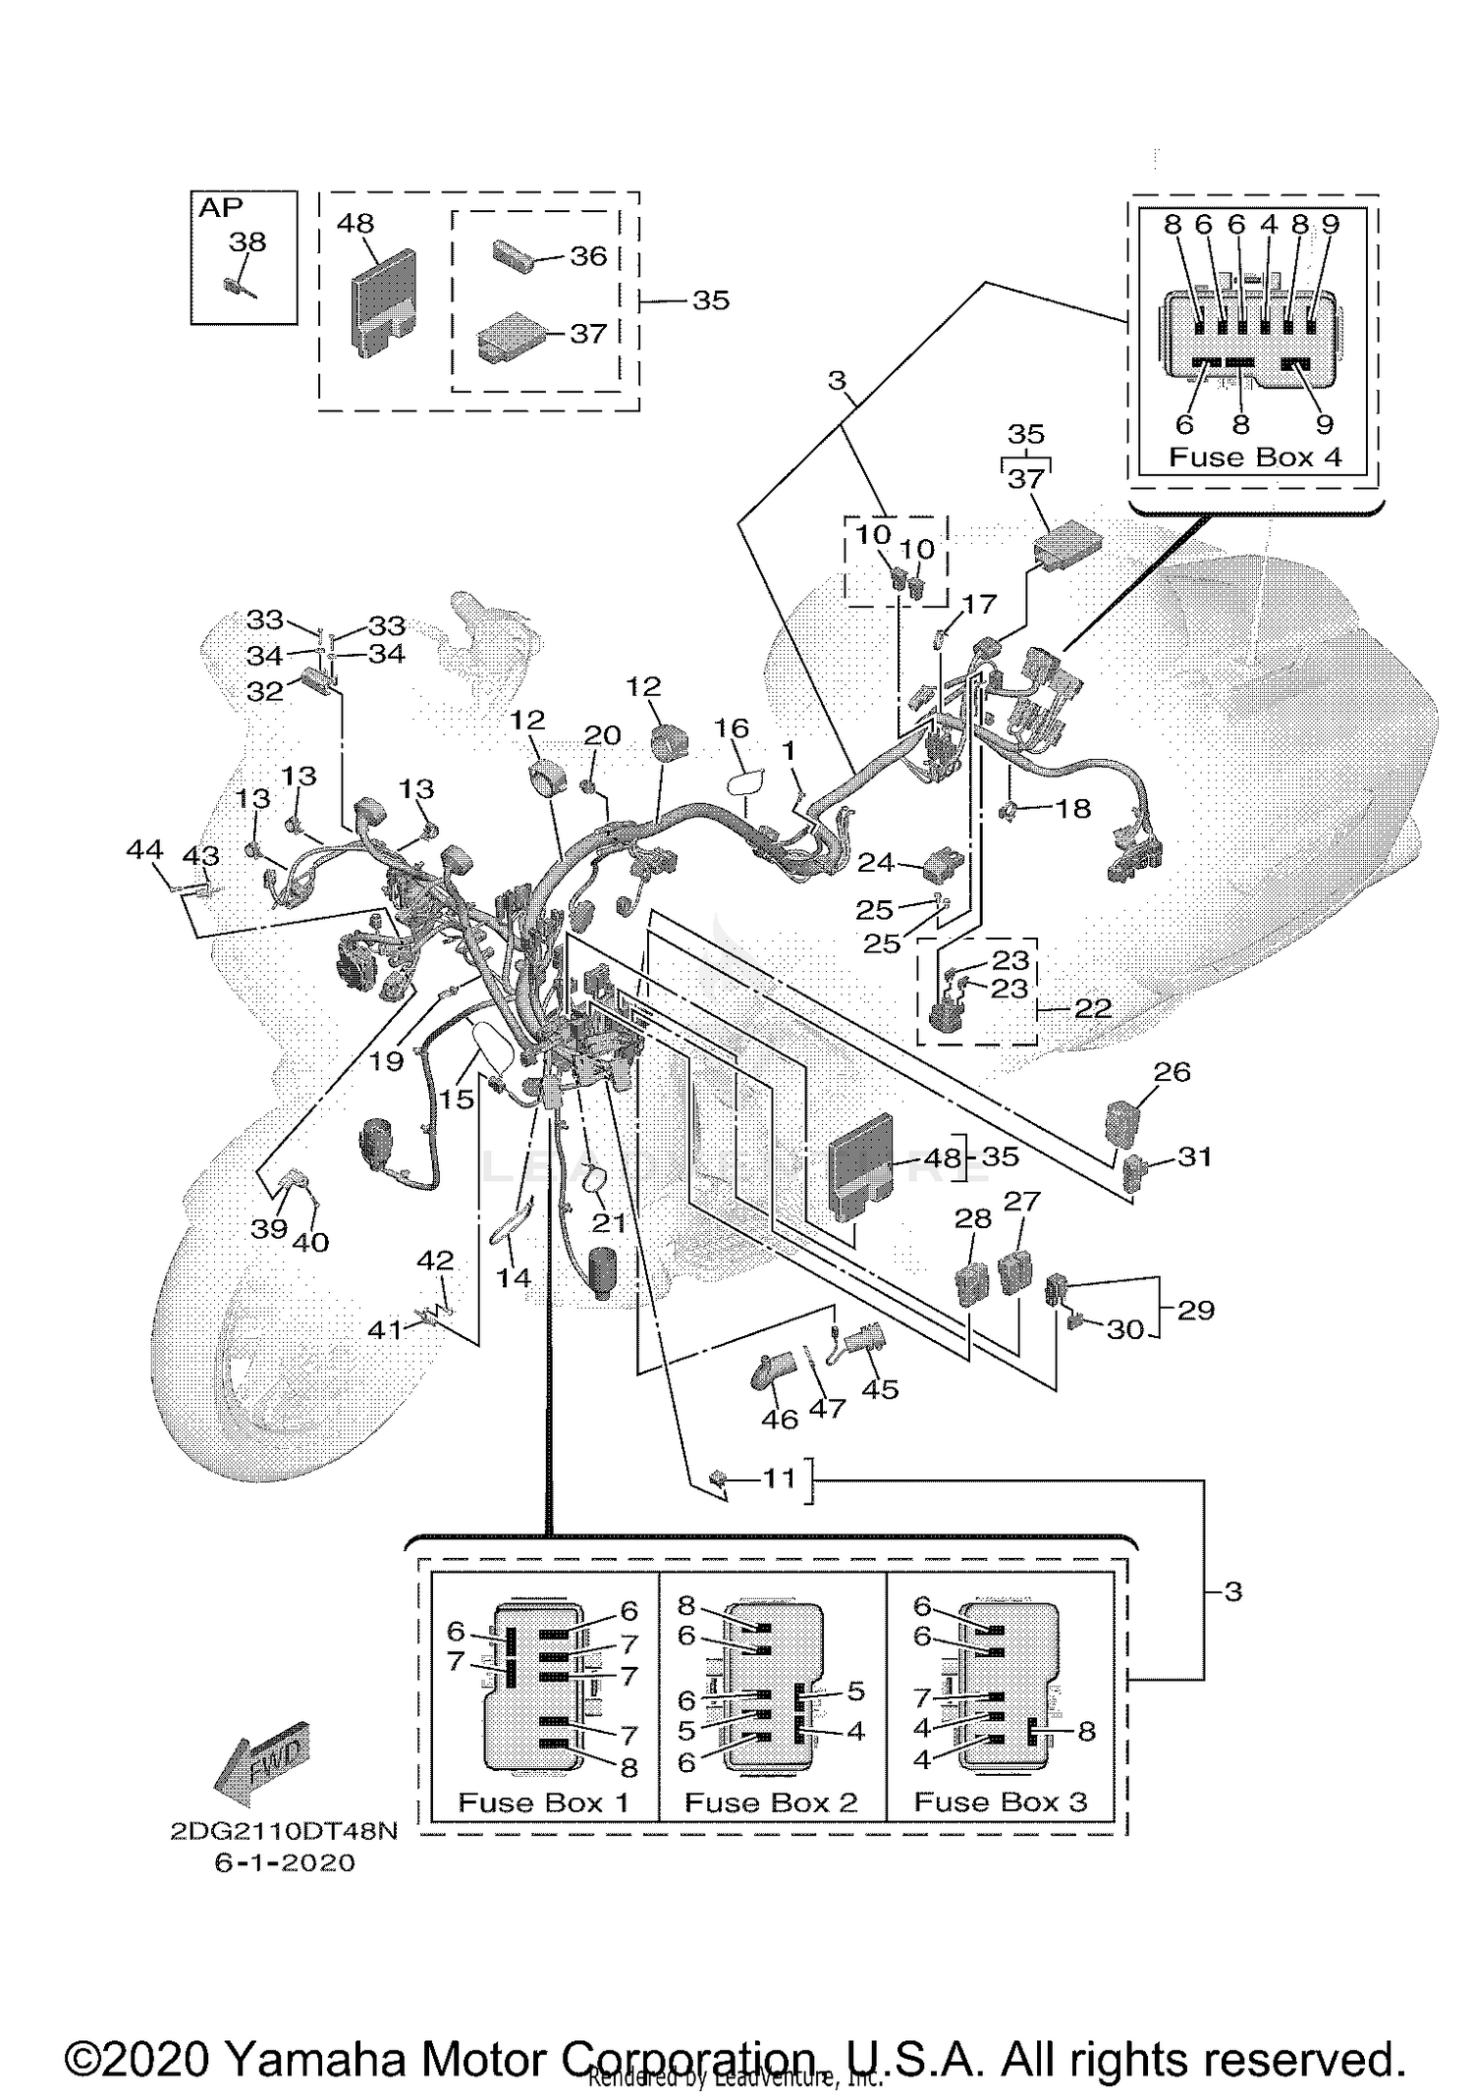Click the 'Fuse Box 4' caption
click(1254, 457)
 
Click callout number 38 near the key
click(247, 242)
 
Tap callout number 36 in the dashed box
click(588, 255)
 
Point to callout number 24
click(875, 862)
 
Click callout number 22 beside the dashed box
click(1092, 1008)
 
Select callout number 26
click(1172, 1071)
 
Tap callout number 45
click(879, 1389)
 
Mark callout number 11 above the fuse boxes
click(779, 1478)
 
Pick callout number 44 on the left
click(144, 849)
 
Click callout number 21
click(608, 1223)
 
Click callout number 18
click(1072, 808)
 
